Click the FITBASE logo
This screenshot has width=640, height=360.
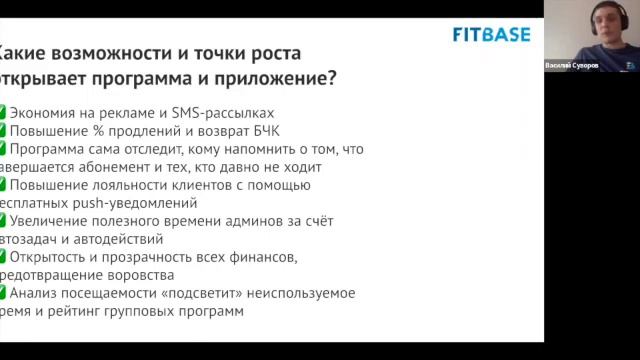tap(492, 34)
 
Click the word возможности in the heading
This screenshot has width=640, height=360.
tap(98, 53)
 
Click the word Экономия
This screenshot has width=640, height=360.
tap(47, 113)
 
